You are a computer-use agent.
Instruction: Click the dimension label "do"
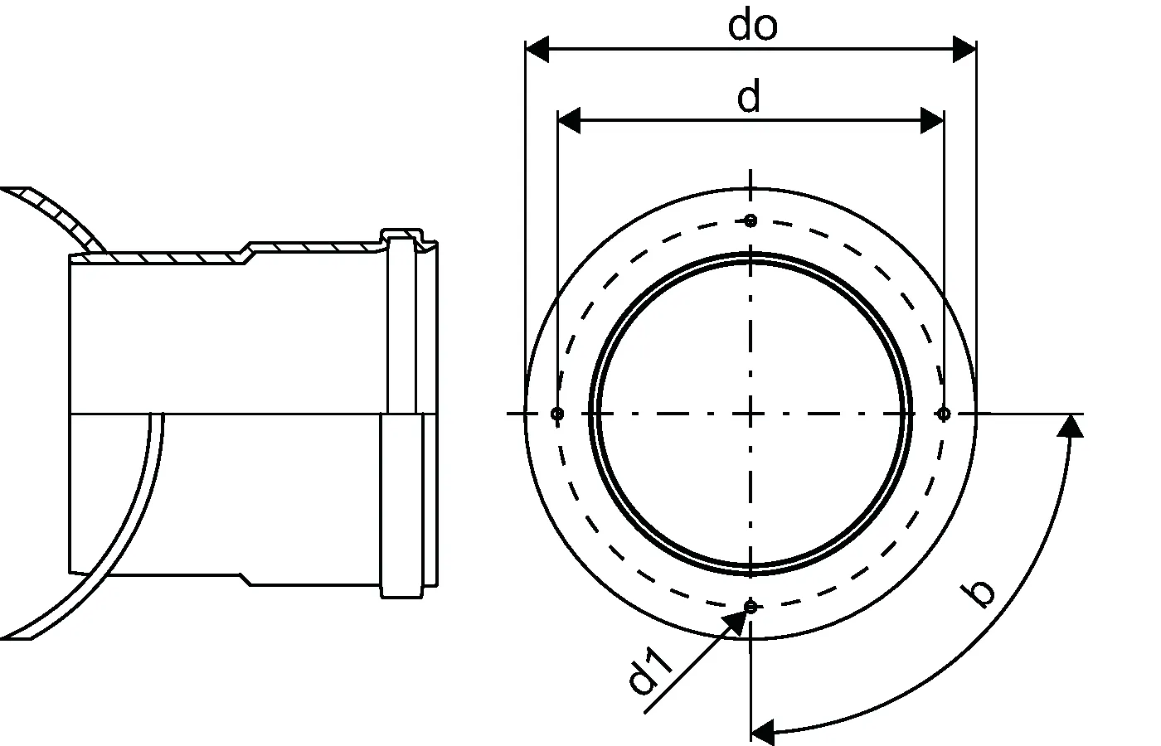pyautogui.click(x=753, y=26)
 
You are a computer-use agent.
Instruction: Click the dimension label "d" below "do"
pyautogui.click(x=749, y=96)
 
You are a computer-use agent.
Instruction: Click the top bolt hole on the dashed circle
pyautogui.click(x=751, y=221)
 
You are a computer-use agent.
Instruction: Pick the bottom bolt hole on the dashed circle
pyautogui.click(x=751, y=607)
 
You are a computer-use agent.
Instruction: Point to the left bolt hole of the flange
pyautogui.click(x=557, y=414)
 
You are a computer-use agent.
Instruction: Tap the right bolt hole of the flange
pyautogui.click(x=944, y=414)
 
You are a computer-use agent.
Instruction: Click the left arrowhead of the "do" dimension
pyautogui.click(x=537, y=49)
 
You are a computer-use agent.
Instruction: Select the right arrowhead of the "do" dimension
pyautogui.click(x=964, y=49)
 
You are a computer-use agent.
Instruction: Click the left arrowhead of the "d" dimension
pyautogui.click(x=569, y=121)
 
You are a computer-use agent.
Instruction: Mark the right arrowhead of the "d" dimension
pyautogui.click(x=932, y=121)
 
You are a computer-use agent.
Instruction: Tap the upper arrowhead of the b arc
pyautogui.click(x=1070, y=426)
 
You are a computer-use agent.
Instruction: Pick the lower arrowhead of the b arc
pyautogui.click(x=762, y=733)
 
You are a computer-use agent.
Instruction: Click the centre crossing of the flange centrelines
pyautogui.click(x=751, y=414)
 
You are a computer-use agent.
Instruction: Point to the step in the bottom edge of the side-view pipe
pyautogui.click(x=245, y=579)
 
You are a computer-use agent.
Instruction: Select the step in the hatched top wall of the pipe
pyautogui.click(x=247, y=253)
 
